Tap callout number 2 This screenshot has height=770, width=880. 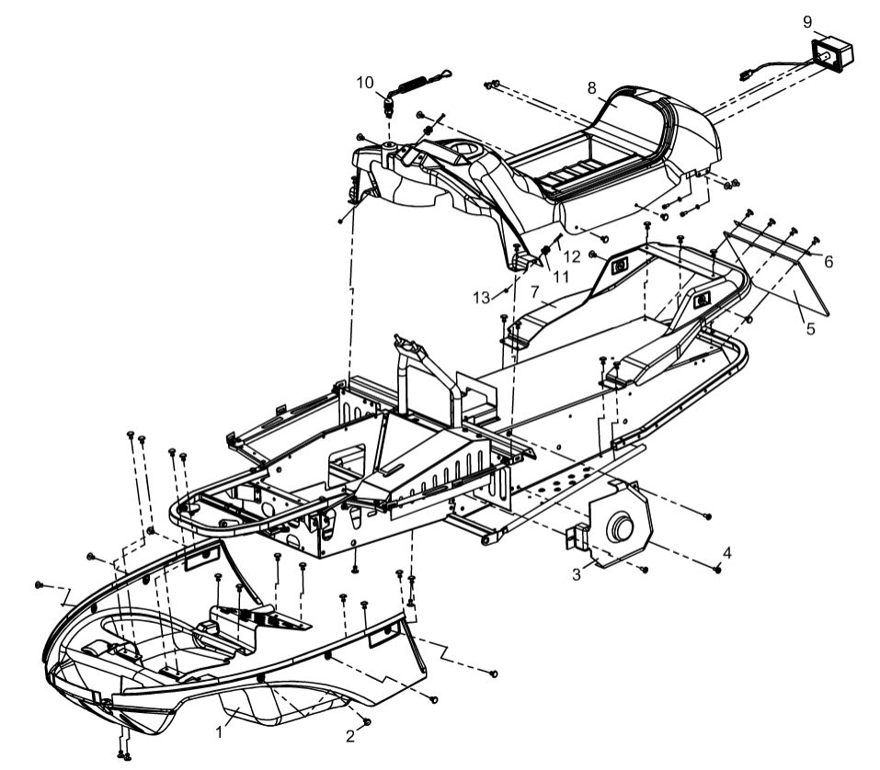coord(349,735)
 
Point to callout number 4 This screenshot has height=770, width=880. coord(726,553)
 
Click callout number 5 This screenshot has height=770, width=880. coord(810,328)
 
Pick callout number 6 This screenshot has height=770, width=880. coord(829,262)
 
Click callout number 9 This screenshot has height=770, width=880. coord(806,20)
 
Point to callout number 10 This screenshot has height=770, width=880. coord(366,82)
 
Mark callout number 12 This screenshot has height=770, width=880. coord(572,256)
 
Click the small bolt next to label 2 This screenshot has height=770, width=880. coord(367,722)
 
